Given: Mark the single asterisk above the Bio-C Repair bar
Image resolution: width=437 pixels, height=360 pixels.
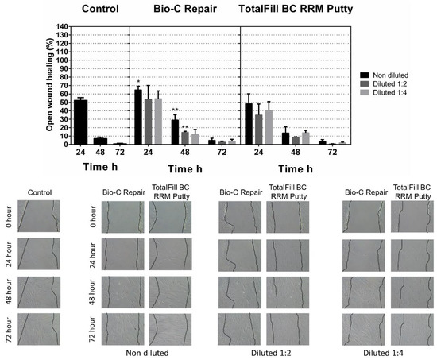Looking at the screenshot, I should point(138,82).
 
